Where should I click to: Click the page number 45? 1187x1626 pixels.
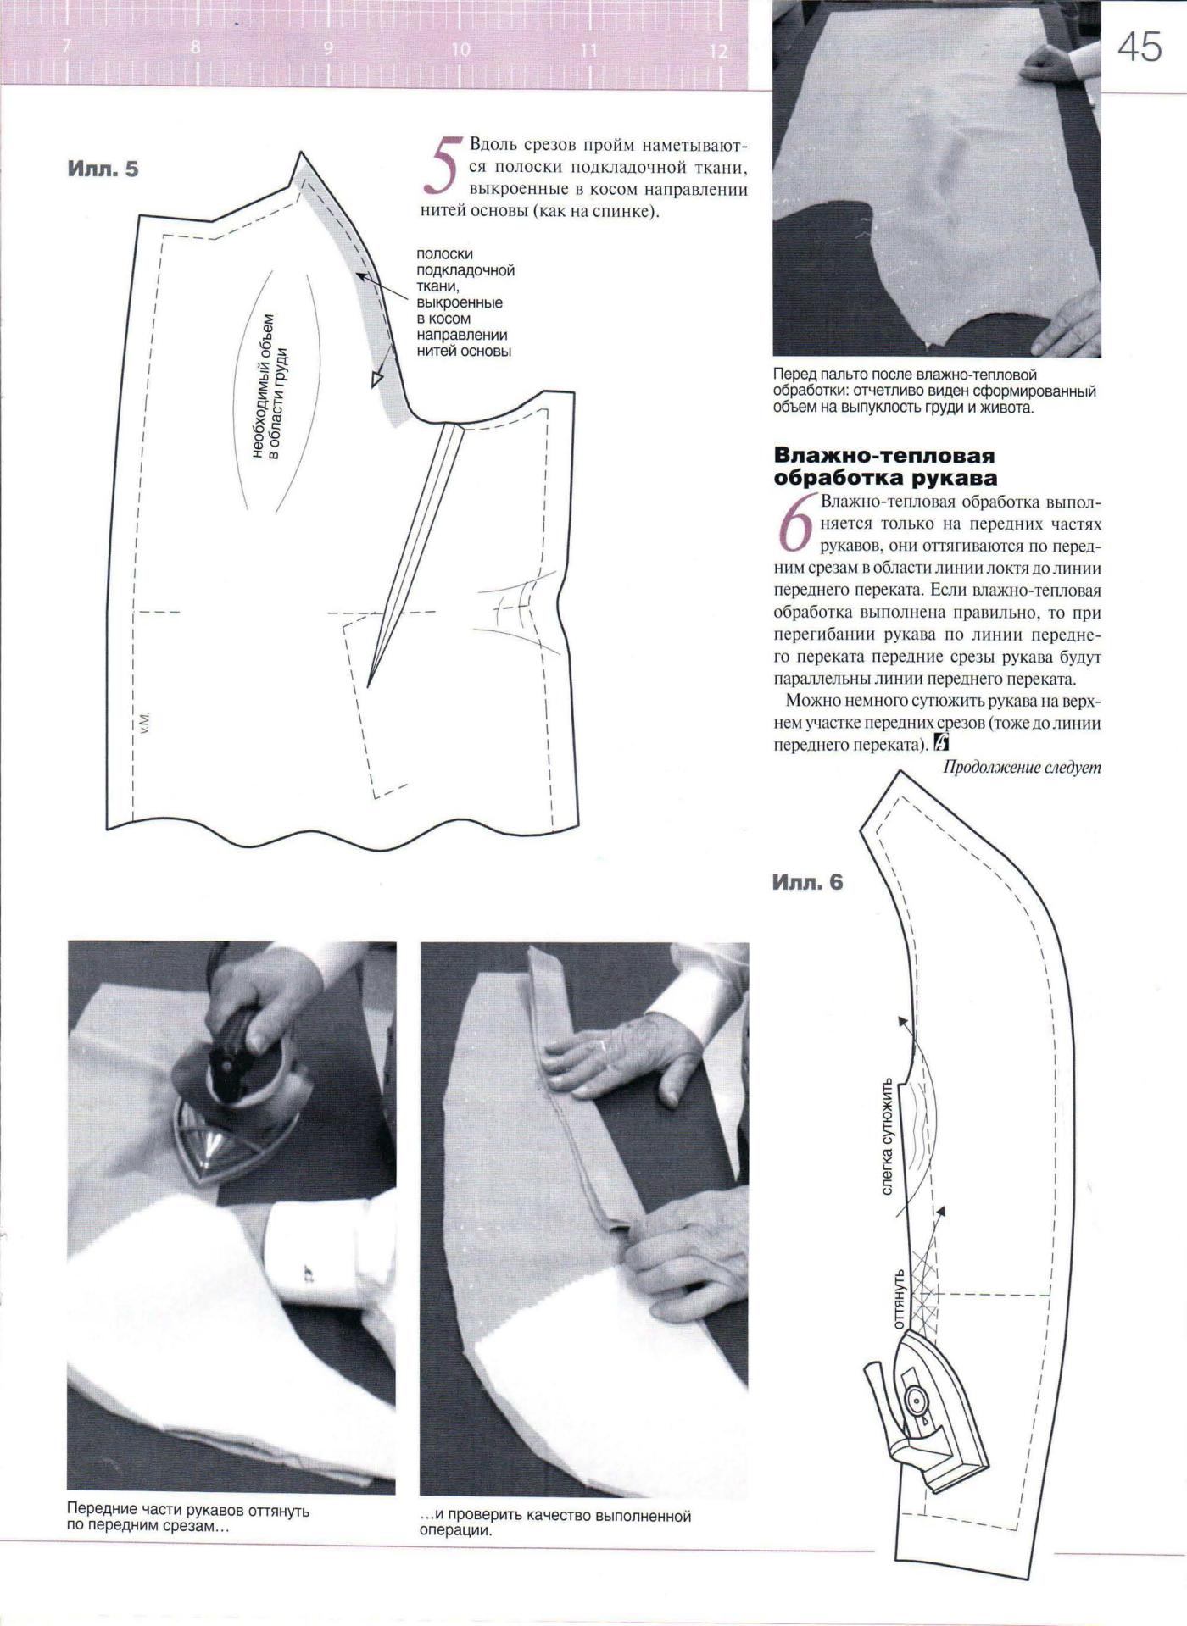[1140, 47]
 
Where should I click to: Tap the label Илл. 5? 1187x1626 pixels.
[103, 169]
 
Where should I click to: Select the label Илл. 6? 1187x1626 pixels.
[807, 882]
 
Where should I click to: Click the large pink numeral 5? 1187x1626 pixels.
[443, 175]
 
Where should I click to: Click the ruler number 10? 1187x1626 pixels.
[460, 50]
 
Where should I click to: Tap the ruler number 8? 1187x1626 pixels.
[196, 48]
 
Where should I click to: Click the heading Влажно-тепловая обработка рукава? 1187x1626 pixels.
[884, 465]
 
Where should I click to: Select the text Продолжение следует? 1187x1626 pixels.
[1022, 768]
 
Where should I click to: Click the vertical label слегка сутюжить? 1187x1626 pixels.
[887, 1135]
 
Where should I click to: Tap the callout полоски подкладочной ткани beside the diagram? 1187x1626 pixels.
[465, 302]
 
